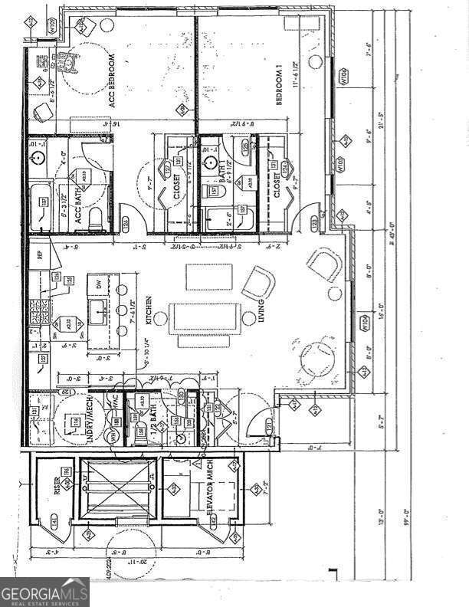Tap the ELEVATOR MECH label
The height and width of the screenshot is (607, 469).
click(206, 489)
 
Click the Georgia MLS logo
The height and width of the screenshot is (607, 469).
click(44, 592)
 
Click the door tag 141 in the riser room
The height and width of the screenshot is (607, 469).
click(54, 521)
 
